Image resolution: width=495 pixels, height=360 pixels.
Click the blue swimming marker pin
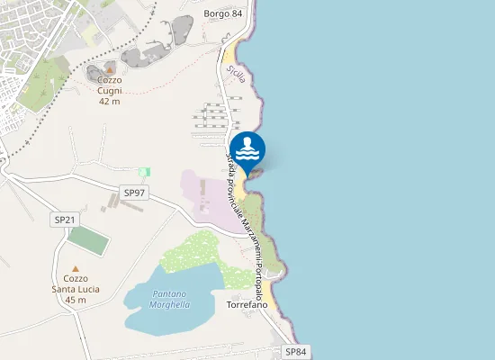click(x=247, y=150)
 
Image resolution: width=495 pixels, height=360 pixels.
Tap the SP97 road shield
click(x=134, y=193)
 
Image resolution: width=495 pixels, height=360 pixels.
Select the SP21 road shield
click(x=65, y=220)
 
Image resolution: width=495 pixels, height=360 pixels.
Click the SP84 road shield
click(x=296, y=351)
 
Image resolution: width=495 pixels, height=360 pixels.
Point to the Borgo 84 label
click(x=223, y=13)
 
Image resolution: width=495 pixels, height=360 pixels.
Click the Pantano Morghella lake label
click(x=170, y=300)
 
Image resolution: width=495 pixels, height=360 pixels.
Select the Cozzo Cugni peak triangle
click(x=110, y=68)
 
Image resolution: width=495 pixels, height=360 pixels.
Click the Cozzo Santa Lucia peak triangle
click(x=76, y=268)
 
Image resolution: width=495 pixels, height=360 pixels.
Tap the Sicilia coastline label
click(x=236, y=74)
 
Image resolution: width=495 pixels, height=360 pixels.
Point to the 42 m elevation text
click(x=110, y=102)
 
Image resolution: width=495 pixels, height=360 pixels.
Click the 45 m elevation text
click(x=76, y=301)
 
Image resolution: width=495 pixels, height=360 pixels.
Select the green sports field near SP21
click(x=86, y=239)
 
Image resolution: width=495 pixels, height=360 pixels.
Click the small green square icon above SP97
click(x=144, y=172)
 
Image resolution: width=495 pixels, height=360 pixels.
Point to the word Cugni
click(x=110, y=91)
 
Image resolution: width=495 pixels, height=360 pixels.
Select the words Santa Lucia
click(x=76, y=289)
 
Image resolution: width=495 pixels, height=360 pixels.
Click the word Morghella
click(x=170, y=305)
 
